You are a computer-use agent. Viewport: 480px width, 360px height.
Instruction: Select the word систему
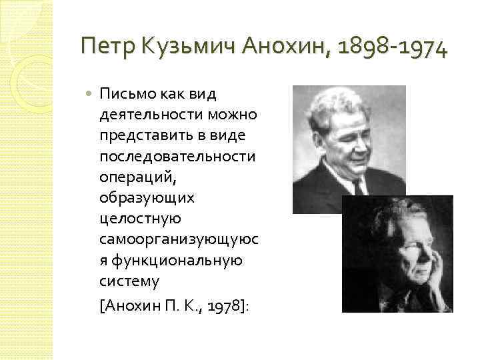(x=129, y=281)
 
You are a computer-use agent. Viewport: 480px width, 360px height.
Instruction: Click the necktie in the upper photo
(x=358, y=187)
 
